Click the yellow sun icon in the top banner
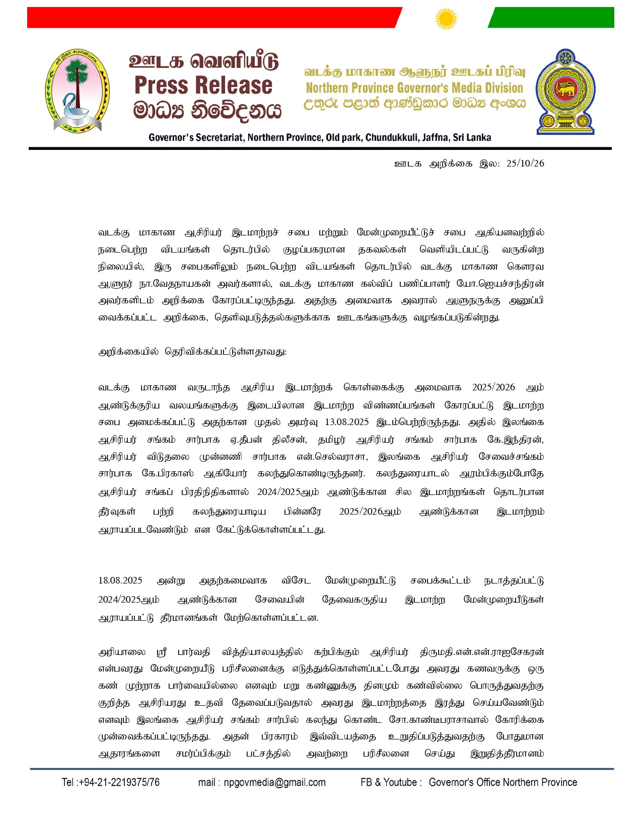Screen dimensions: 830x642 (446, 19)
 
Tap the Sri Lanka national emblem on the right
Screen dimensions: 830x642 (565, 92)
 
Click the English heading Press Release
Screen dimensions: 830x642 (203, 85)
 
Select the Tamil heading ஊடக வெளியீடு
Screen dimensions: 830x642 (203, 61)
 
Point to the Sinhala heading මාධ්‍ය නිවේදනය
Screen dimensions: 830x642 (206, 110)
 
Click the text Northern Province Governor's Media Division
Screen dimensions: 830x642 (414, 88)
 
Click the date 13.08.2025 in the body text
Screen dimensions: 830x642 (347, 422)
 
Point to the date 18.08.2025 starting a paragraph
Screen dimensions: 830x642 (120, 580)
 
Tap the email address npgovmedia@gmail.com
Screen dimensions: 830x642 (274, 782)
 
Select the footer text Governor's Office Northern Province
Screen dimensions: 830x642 (503, 782)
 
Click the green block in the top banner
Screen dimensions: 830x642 (551, 18)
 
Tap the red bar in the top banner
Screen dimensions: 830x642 (211, 18)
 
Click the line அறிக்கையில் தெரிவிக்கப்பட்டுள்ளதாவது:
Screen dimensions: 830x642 (192, 352)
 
